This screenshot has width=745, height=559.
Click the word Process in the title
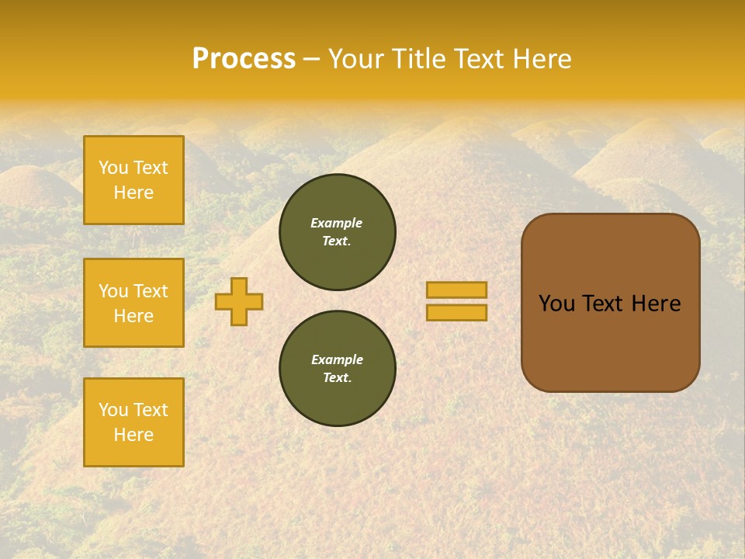[244, 59]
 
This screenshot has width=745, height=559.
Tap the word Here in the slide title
[542, 59]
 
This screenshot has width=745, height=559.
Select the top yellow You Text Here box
[133, 180]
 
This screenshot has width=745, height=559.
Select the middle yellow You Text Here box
[133, 303]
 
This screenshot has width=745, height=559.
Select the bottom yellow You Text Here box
[133, 422]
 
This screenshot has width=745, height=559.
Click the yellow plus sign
[239, 301]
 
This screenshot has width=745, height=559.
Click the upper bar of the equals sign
[457, 290]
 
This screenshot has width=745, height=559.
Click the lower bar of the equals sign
[457, 312]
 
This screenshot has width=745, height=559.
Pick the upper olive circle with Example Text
[338, 232]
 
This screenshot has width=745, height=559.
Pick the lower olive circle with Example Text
[338, 369]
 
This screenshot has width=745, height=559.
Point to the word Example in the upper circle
[337, 223]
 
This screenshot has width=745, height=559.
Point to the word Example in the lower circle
[337, 359]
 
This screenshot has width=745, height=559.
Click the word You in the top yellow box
[113, 168]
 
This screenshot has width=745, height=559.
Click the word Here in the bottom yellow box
[133, 435]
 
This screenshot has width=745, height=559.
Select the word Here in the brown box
[656, 304]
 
